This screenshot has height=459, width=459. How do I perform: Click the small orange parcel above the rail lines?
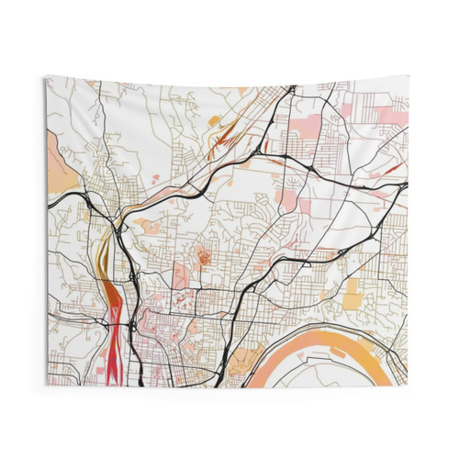pyautogui.click(x=214, y=119)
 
